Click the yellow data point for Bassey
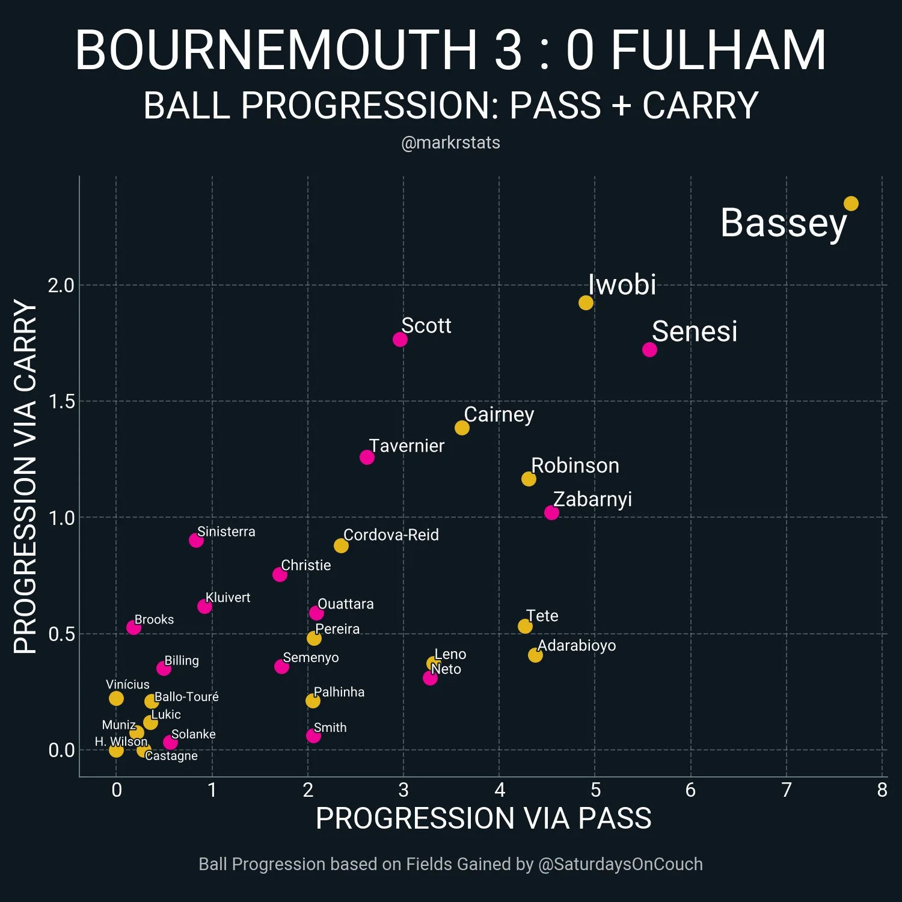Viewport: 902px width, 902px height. [851, 204]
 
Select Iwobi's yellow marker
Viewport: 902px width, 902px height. [586, 302]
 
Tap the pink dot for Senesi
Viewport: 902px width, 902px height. [649, 349]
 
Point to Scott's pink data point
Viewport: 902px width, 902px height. [400, 339]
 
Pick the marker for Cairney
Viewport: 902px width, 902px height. [462, 428]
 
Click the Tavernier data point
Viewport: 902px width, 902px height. [367, 457]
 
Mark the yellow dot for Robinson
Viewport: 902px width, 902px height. [529, 479]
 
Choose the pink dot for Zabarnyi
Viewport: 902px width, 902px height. [551, 512]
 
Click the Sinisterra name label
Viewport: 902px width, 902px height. [226, 532]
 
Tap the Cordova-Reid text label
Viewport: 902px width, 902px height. [391, 535]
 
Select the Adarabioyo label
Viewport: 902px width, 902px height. [577, 645]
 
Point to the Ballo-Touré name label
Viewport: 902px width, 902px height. [186, 696]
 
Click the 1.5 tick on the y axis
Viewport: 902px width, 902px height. [61, 402]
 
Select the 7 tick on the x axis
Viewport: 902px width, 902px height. [786, 790]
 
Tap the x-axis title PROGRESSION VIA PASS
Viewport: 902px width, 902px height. [483, 818]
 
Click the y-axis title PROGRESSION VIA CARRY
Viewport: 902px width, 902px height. [26, 477]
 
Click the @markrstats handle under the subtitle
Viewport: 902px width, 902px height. [450, 143]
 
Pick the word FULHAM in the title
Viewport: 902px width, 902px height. [718, 51]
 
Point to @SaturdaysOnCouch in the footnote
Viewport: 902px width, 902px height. [620, 864]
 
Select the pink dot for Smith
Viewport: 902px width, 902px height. [313, 735]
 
